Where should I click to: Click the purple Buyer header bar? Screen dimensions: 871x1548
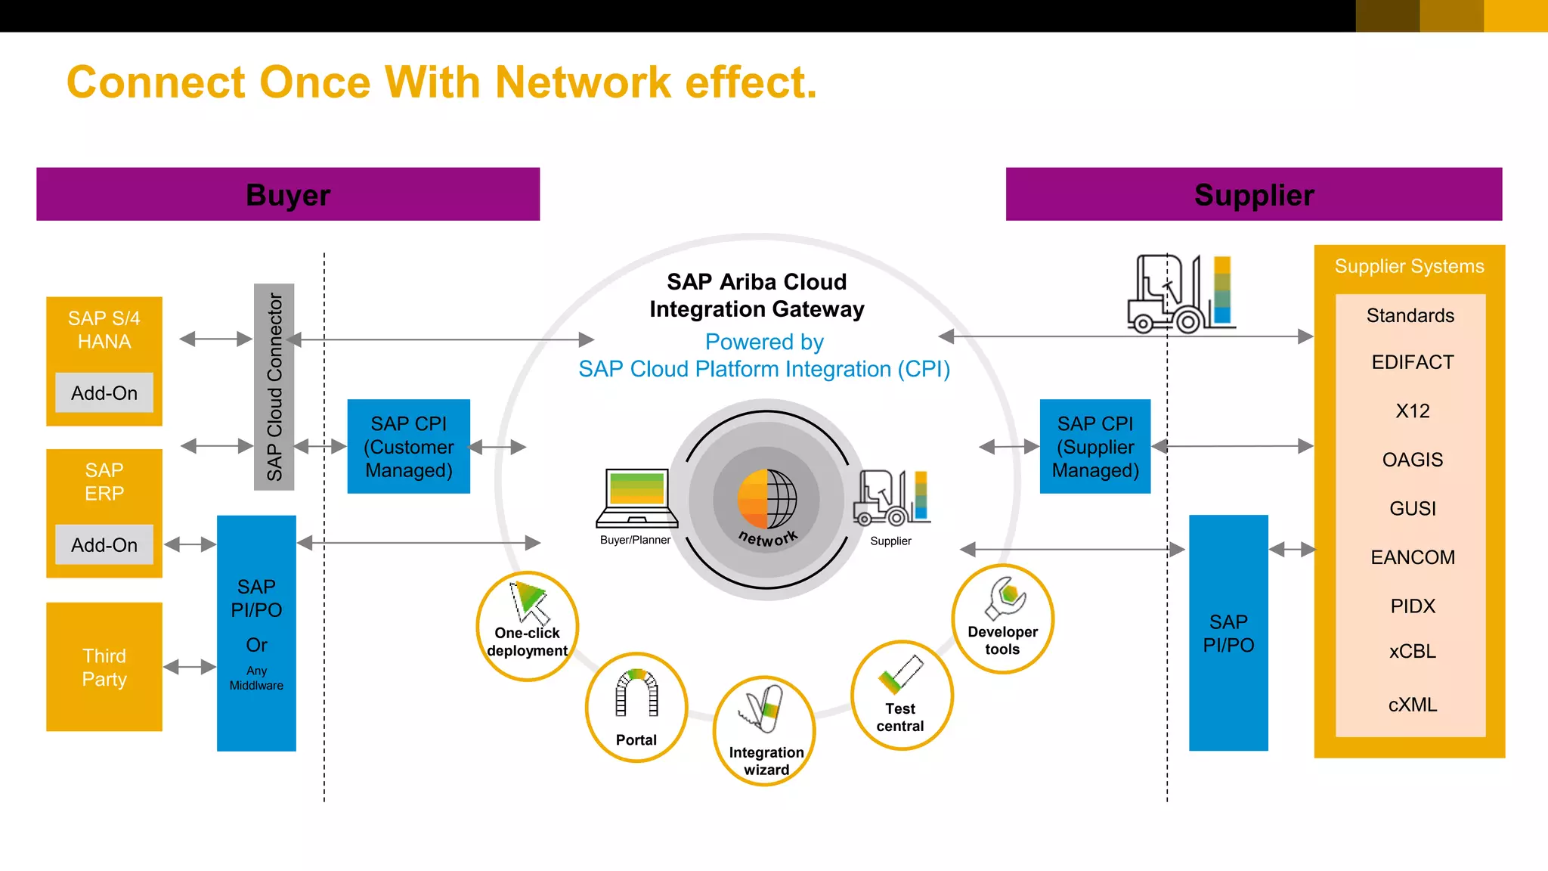pos(288,194)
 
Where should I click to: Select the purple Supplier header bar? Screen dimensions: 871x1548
pos(1253,194)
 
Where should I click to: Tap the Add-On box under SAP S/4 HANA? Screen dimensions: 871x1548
pos(104,392)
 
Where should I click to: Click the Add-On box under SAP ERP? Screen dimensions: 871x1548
pos(104,544)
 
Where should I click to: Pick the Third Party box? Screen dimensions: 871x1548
pos(104,666)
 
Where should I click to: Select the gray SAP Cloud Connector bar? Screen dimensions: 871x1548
pos(274,386)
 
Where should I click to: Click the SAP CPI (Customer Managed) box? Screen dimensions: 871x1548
pos(408,446)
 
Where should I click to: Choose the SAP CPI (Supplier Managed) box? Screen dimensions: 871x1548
pos(1094,446)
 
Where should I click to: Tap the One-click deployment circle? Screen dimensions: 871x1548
pos(528,626)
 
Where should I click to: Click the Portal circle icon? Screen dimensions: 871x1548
pos(636,707)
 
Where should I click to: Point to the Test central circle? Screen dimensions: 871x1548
pos(901,695)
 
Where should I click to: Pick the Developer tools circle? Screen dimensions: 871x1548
pos(1002,618)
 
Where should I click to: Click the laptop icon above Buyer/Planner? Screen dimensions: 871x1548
pos(636,497)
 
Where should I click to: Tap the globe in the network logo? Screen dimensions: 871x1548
pos(767,499)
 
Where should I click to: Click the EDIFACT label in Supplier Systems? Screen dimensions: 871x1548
pos(1412,362)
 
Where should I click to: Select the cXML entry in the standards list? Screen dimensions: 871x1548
pos(1412,705)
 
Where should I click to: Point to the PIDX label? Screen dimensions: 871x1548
pos(1412,606)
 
